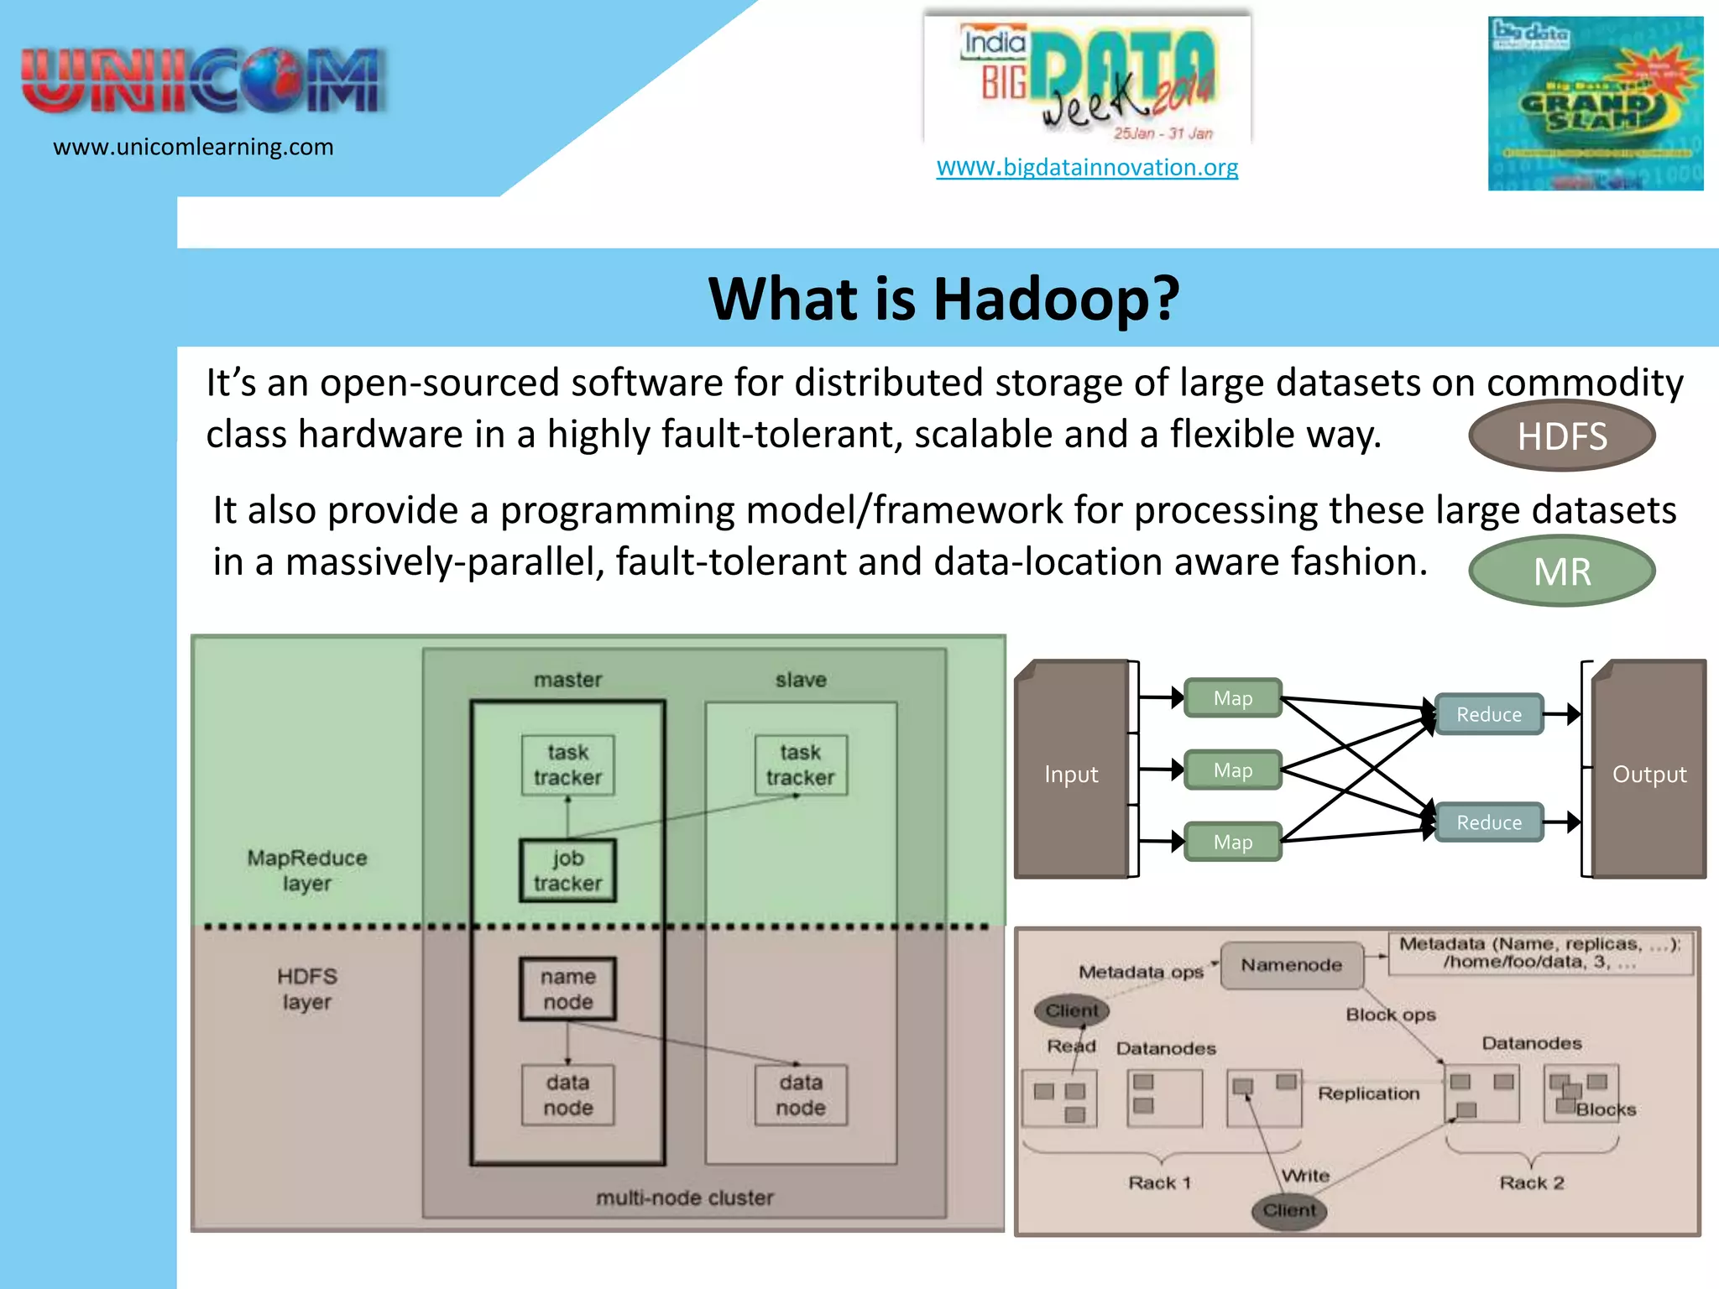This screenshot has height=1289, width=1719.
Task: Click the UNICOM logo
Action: (x=203, y=81)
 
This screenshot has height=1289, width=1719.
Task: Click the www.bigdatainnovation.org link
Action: (x=1087, y=167)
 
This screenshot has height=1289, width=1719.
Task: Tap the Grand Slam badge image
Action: (x=1595, y=103)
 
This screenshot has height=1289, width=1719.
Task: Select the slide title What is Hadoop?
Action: (x=943, y=299)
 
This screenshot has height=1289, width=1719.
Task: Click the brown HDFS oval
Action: (x=1561, y=436)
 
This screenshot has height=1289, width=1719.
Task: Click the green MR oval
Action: (x=1561, y=571)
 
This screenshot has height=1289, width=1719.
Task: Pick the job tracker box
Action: (x=567, y=871)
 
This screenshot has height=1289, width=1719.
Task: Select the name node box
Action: (x=567, y=989)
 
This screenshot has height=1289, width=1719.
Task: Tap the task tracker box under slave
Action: (x=800, y=765)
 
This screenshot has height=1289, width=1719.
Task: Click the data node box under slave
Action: (x=800, y=1095)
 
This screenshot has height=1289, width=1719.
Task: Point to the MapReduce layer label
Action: (x=306, y=870)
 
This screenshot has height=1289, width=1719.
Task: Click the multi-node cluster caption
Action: (x=684, y=1198)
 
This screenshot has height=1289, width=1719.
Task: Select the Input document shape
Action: (x=1071, y=772)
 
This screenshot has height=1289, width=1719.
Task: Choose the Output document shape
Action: (x=1648, y=772)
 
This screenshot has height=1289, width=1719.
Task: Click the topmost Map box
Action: (x=1232, y=698)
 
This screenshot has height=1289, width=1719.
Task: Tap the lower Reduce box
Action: (x=1488, y=822)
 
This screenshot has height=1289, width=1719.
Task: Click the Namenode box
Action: (x=1291, y=965)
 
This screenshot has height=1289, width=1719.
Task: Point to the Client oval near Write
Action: (x=1289, y=1210)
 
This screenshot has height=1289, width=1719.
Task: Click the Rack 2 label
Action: (x=1531, y=1182)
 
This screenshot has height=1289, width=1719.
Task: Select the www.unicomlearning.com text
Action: (x=193, y=147)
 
